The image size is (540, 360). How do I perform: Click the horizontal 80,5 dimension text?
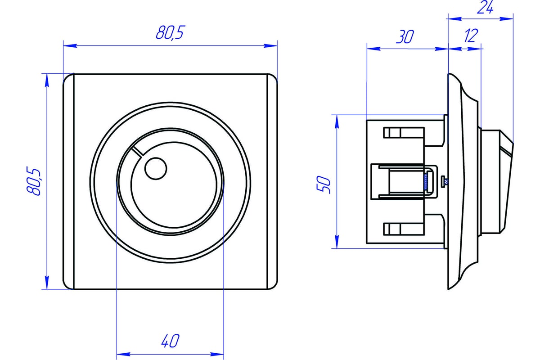(x=171, y=33)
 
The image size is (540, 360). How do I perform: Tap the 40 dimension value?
(x=170, y=341)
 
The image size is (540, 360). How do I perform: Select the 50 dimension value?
(x=325, y=184)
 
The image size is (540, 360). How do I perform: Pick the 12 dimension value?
(x=469, y=36)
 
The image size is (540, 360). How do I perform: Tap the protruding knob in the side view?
(x=495, y=181)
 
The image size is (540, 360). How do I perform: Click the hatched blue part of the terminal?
(x=425, y=181)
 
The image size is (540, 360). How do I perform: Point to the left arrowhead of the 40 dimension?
(x=121, y=353)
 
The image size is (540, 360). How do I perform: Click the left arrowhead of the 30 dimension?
(x=373, y=49)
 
